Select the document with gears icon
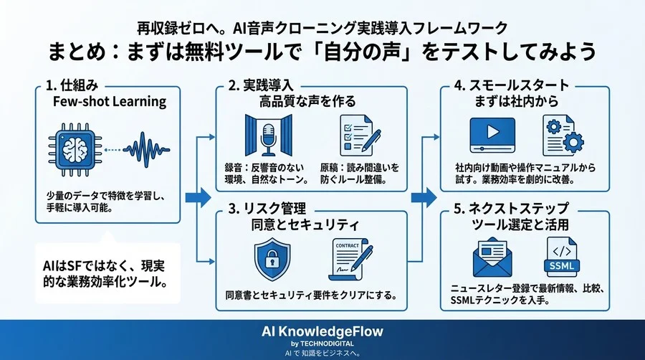click(561, 135)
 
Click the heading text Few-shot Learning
click(110, 101)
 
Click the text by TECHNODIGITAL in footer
click(322, 344)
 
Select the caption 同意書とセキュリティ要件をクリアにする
click(311, 295)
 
